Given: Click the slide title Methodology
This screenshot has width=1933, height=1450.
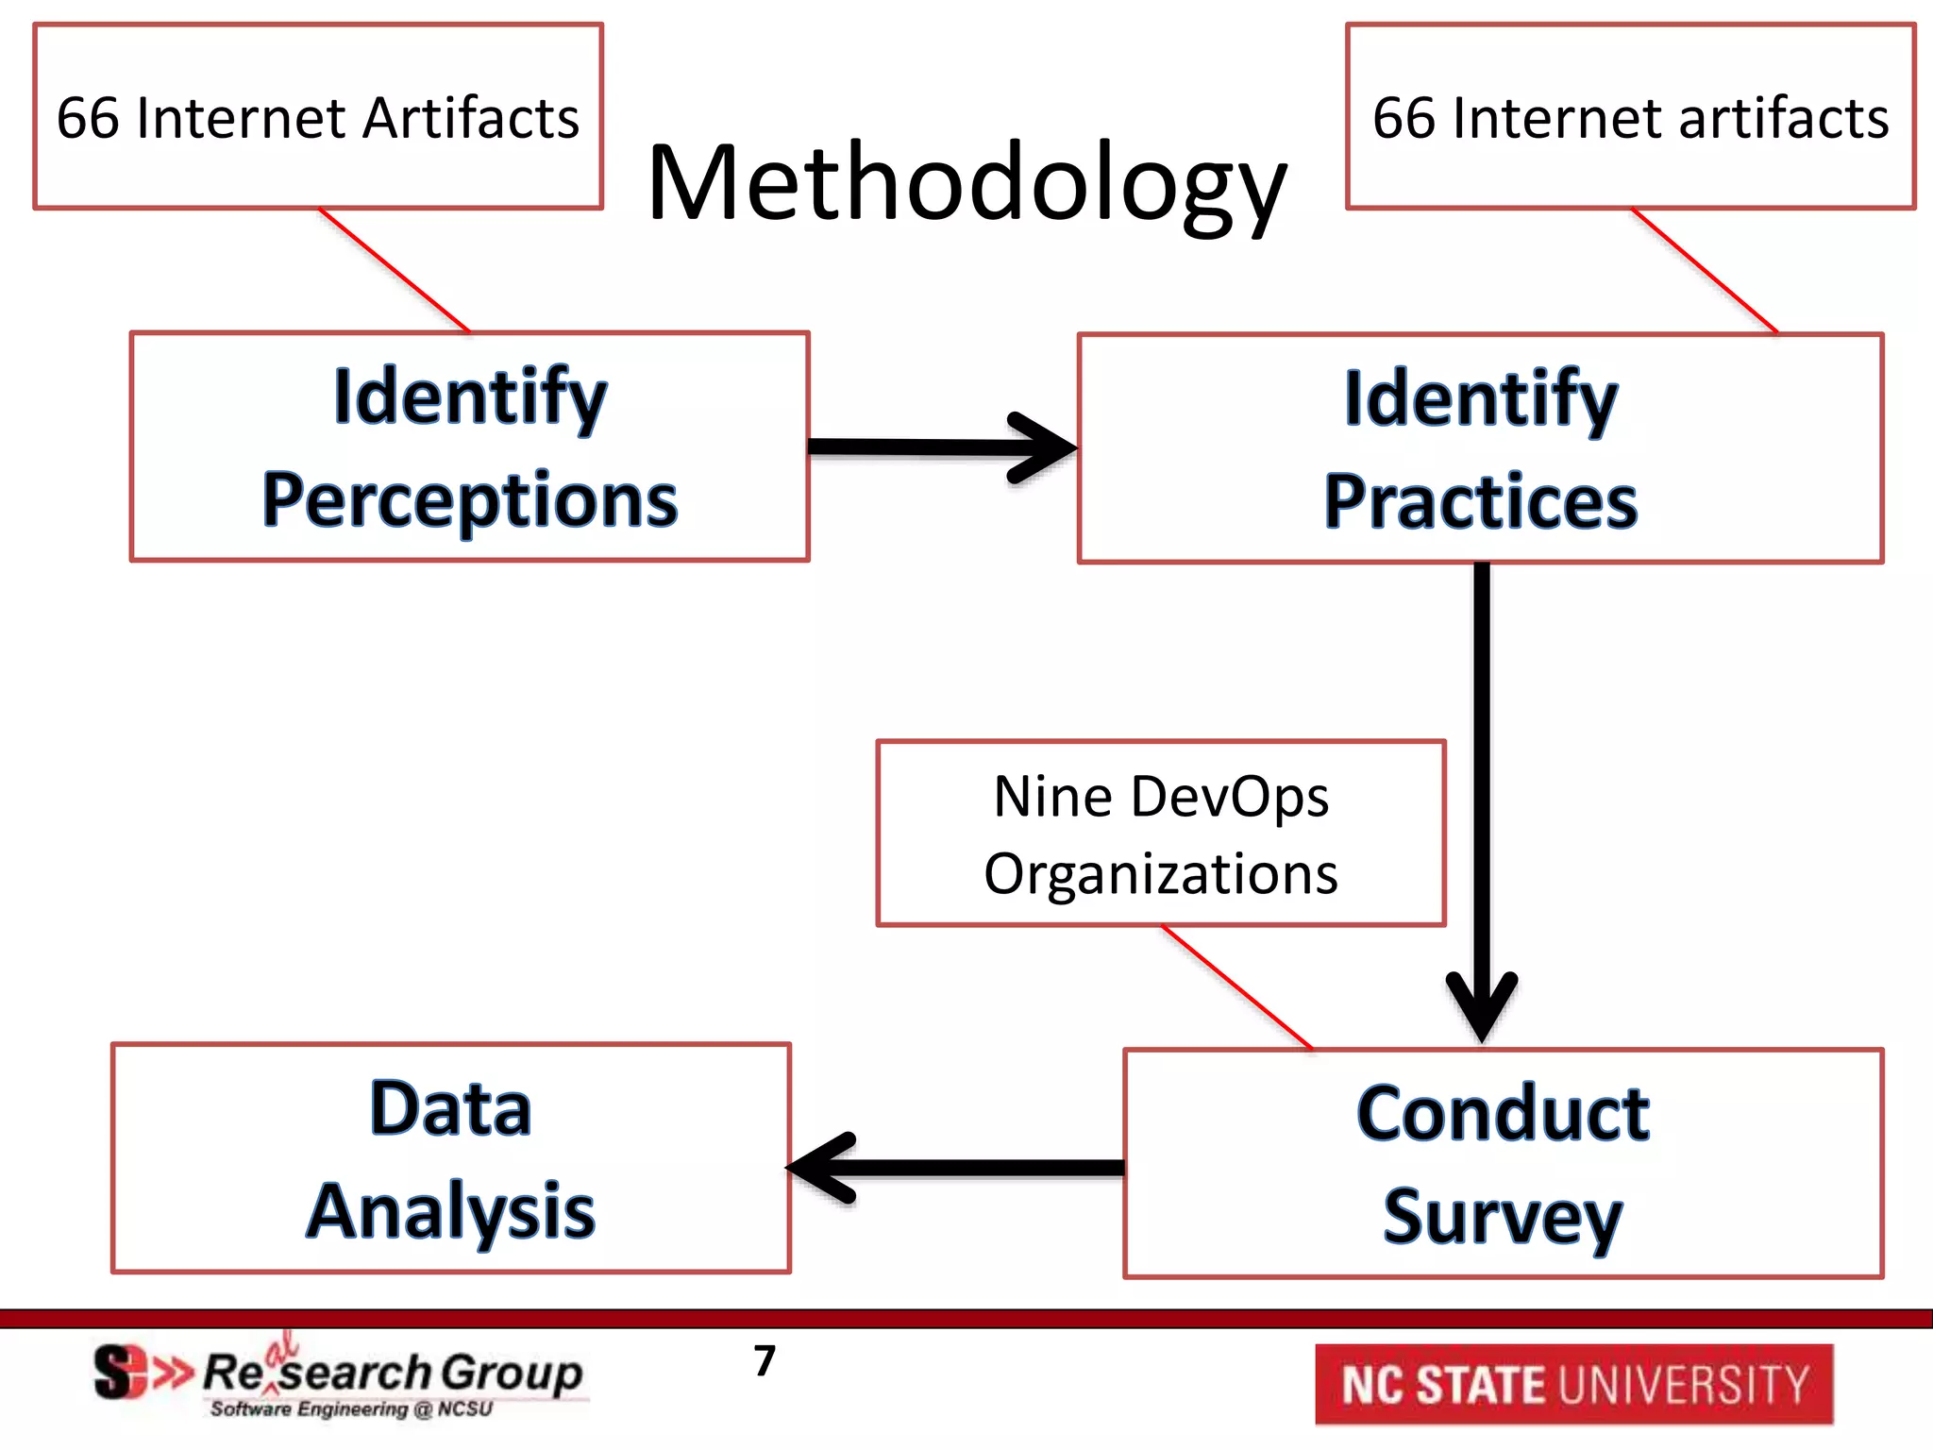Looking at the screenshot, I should click(x=966, y=184).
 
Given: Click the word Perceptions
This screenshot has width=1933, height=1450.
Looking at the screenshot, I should click(x=469, y=500).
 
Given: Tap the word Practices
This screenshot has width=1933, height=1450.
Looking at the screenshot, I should click(x=1480, y=502).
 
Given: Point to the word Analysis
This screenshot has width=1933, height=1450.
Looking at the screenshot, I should click(x=451, y=1211).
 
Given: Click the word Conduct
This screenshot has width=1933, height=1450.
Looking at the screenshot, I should click(x=1503, y=1114).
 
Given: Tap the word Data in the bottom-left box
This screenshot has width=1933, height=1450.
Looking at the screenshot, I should click(x=451, y=1108).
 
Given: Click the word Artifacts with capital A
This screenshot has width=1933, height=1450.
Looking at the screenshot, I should click(x=471, y=119).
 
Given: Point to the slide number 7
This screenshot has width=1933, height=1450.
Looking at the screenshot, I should click(x=765, y=1361).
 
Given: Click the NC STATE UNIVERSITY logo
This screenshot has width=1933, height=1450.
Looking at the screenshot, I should click(x=1573, y=1385).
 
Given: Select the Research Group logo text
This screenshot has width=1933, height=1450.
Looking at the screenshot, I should click(x=392, y=1373).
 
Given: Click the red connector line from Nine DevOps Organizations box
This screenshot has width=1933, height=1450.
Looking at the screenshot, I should click(x=1236, y=987).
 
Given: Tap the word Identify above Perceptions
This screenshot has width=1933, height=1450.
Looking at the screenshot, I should click(x=469, y=396).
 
